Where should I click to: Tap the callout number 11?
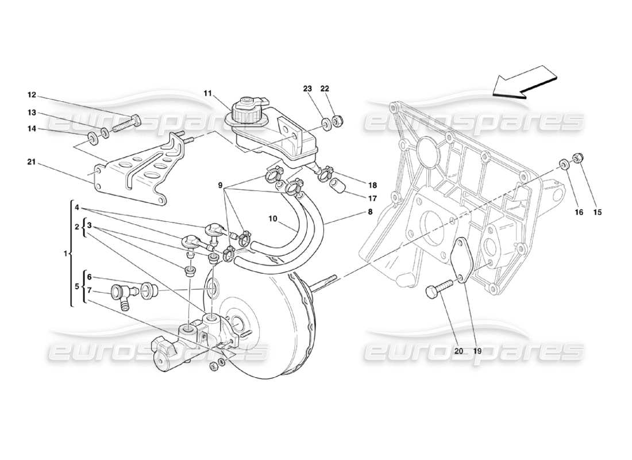pyautogui.click(x=207, y=93)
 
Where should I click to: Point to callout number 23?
pyautogui.click(x=307, y=89)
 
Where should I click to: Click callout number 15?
pyautogui.click(x=597, y=213)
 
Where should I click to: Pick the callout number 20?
pyautogui.click(x=457, y=350)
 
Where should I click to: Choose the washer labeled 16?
pyautogui.click(x=564, y=166)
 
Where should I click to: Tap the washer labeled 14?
pyautogui.click(x=91, y=138)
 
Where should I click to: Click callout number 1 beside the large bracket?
pyautogui.click(x=66, y=253)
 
